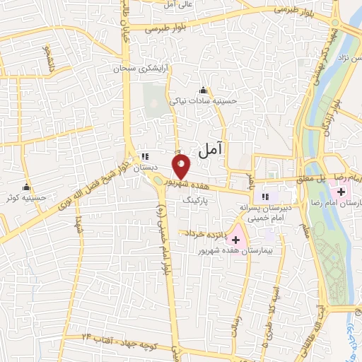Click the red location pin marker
(182, 166)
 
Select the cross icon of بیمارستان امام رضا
(341, 192)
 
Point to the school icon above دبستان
(145, 156)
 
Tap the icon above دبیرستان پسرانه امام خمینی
(265, 197)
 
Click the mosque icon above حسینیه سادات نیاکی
(204, 90)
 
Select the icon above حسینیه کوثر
(27, 187)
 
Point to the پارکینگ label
(197, 200)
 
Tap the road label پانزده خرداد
(204, 233)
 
